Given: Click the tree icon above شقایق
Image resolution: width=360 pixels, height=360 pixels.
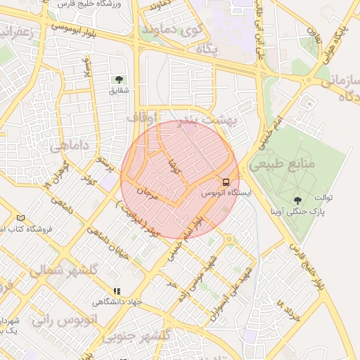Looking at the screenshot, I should tap(117, 80).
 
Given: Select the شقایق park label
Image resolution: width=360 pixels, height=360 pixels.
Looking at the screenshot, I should tap(119, 90).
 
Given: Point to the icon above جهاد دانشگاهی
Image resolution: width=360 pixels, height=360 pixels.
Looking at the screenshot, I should tap(117, 291).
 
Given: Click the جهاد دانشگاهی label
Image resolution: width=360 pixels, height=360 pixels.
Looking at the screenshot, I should tap(118, 302).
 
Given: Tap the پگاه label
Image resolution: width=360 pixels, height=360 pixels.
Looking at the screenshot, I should tap(208, 49).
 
